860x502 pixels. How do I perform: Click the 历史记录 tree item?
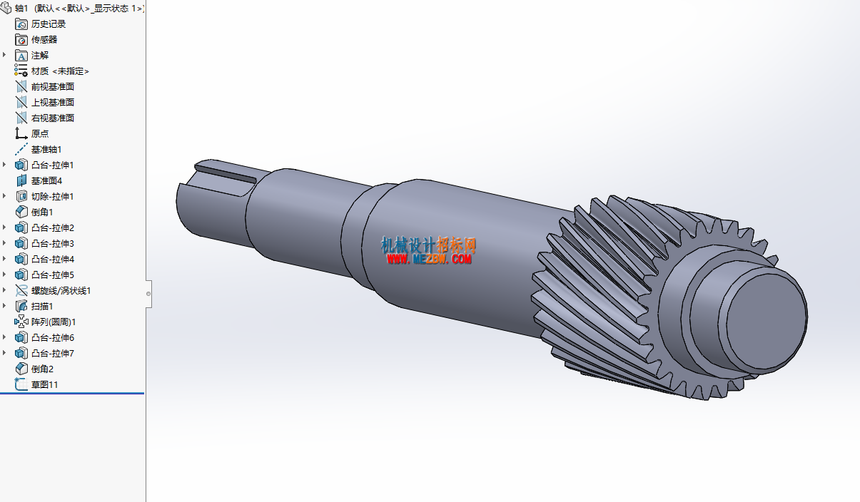click(x=48, y=24)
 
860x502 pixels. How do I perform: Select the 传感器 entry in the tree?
click(x=44, y=40)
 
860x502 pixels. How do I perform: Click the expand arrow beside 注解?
click(x=4, y=55)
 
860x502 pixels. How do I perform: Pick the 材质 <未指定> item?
click(x=60, y=71)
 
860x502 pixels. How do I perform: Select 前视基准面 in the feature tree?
click(x=52, y=87)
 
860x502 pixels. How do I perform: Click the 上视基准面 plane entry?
click(x=52, y=103)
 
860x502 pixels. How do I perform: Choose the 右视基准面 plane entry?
click(x=52, y=118)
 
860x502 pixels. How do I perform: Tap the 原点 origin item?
click(x=39, y=134)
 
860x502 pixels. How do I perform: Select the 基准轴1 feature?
click(x=46, y=150)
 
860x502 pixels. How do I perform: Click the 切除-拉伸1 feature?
click(x=52, y=197)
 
